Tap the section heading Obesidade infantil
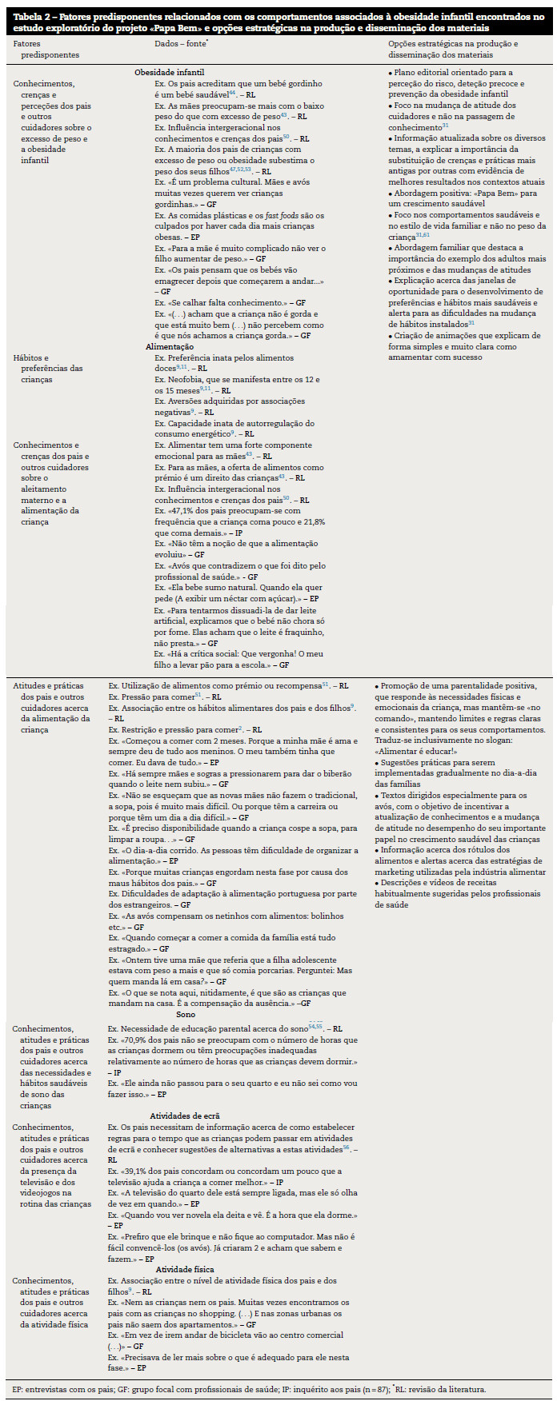(169, 72)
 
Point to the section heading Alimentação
(169, 347)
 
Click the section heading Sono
(186, 1015)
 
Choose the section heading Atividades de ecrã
(184, 1116)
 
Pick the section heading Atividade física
(184, 1269)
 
